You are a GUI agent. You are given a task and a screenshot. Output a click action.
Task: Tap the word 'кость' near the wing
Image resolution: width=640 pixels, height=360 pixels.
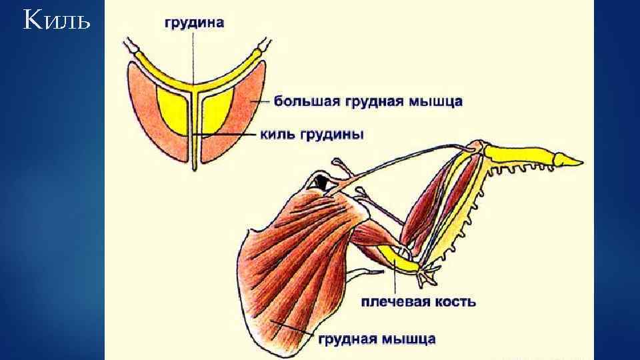tap(455, 302)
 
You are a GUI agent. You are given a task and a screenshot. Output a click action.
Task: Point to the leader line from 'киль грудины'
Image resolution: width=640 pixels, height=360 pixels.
tap(227, 135)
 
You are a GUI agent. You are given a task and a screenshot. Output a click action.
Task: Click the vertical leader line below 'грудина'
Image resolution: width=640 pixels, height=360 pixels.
tap(194, 53)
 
